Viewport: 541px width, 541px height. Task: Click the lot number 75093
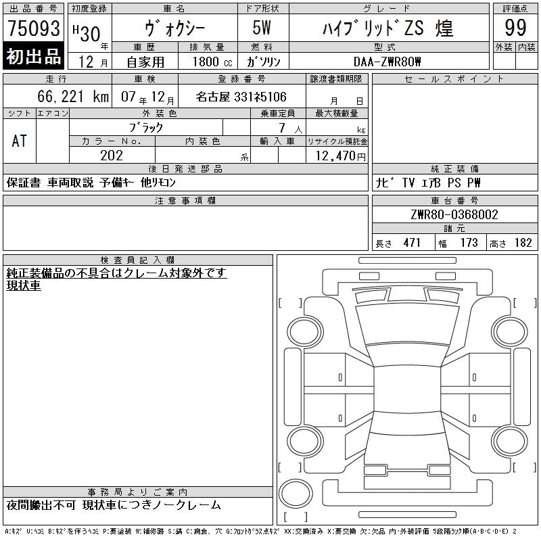33,28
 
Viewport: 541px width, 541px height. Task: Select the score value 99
515,28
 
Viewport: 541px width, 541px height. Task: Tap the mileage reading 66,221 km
73,96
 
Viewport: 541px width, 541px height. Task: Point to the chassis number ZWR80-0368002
454,214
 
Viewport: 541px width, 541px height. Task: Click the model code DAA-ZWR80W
387,62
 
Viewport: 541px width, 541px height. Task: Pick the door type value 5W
262,28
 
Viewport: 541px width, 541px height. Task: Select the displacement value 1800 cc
212,62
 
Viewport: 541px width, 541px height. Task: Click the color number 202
112,156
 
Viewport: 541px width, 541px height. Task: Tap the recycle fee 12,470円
340,156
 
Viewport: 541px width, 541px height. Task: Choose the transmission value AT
19,141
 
